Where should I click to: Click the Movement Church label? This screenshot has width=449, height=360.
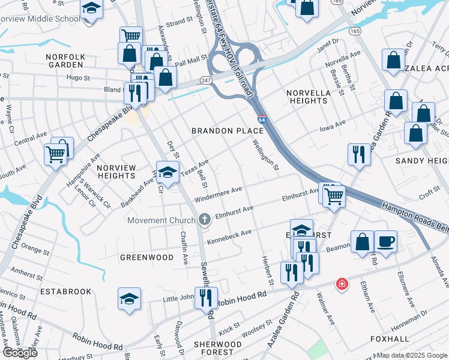161,220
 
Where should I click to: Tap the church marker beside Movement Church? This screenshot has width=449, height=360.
205,220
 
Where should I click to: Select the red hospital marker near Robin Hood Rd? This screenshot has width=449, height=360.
342,283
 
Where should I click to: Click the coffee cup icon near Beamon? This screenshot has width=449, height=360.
385,242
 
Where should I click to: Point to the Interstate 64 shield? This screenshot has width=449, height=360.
262,119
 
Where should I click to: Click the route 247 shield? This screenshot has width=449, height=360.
206,80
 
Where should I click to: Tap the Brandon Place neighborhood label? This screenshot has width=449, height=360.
228,130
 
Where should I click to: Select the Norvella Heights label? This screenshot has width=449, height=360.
308,97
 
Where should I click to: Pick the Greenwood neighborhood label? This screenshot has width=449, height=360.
146,257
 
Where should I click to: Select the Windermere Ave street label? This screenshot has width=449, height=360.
218,194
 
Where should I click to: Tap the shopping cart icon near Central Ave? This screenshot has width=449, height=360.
55,154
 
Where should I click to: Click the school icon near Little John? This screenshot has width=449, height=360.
129,298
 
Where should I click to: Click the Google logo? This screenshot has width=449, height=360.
20,353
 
